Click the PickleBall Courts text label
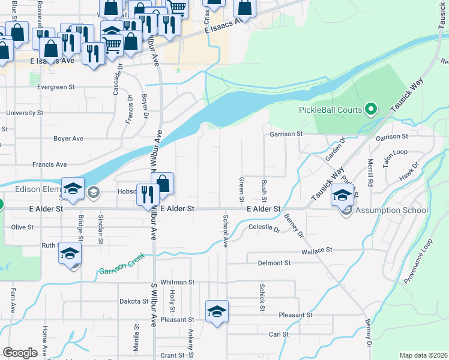pos(330,110)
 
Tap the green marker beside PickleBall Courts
pos(371,109)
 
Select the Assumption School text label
pos(391,210)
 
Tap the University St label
pos(25,112)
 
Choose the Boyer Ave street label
pos(68,139)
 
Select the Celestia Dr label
pos(264,229)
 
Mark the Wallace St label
pos(317,250)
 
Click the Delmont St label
pos(274,263)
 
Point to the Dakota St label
pos(133,301)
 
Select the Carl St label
pos(279,334)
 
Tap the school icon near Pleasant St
pos(217,311)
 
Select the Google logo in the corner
pos(20,353)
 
